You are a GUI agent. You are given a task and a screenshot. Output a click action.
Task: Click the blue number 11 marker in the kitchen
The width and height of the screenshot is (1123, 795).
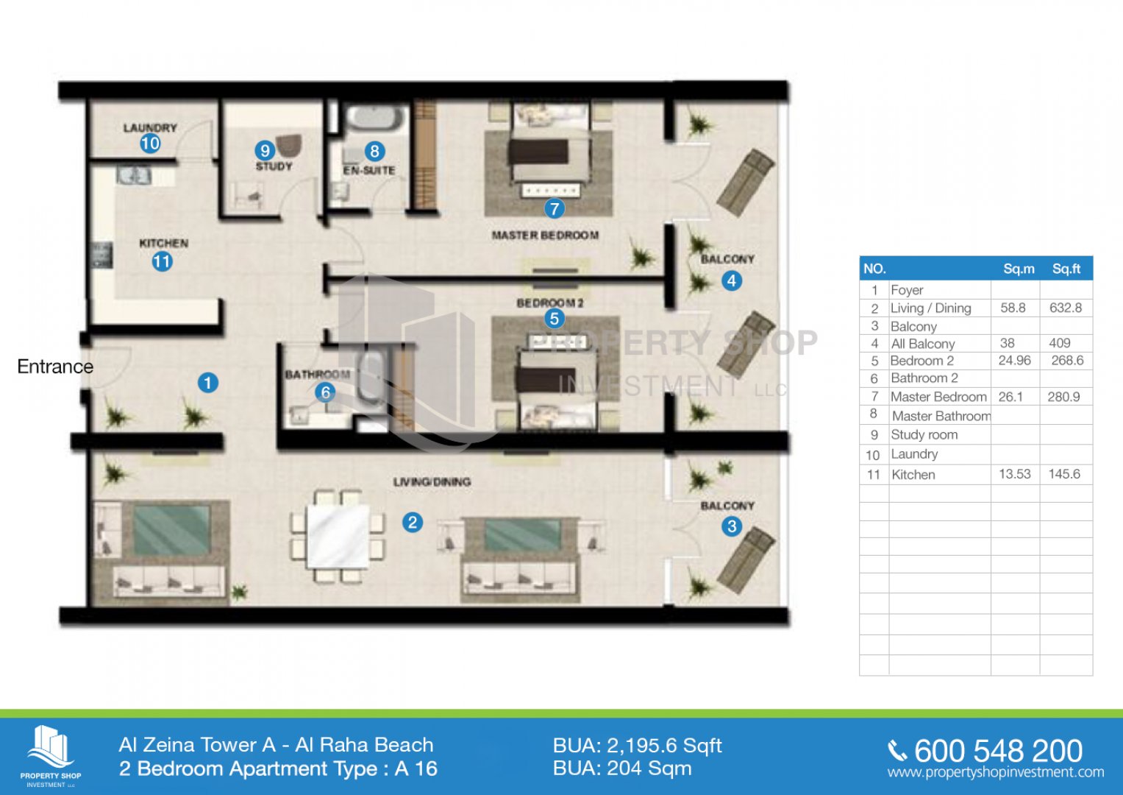pos(162,261)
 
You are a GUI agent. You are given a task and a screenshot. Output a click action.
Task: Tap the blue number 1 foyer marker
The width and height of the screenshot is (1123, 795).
pos(207,383)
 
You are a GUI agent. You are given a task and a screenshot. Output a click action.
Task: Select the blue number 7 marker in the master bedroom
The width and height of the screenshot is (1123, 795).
pos(554,208)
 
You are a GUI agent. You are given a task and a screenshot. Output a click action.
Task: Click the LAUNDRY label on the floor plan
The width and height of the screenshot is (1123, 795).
pos(151,128)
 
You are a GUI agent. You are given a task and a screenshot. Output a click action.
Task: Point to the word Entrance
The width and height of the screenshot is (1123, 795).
pos(55,367)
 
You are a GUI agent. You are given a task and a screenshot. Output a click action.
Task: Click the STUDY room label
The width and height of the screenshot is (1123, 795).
pos(274,166)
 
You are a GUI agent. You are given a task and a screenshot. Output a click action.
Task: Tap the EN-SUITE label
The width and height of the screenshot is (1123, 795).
pos(369,170)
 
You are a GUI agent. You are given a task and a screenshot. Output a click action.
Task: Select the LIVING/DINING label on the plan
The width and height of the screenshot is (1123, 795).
pos(432,482)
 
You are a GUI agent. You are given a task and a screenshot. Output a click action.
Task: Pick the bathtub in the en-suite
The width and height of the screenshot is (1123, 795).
pos(377,118)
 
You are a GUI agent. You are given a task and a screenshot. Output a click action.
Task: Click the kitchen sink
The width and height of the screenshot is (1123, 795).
pos(134,175)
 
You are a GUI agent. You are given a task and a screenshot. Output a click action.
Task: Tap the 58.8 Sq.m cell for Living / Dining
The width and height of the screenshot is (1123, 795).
pos(1013,308)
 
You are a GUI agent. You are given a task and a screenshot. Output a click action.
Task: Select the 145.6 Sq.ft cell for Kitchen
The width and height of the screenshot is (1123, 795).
pos(1064,474)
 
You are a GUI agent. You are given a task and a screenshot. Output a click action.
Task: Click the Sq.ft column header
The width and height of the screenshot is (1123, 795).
pos(1066,269)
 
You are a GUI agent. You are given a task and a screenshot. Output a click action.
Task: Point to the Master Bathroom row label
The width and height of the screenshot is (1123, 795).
pos(941,416)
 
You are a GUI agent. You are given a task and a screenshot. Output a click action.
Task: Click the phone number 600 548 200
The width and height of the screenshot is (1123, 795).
pos(998,751)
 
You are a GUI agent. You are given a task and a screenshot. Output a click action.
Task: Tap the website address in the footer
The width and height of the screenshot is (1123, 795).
pos(996,772)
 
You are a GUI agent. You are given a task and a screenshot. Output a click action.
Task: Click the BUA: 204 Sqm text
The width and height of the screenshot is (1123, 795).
pos(622,768)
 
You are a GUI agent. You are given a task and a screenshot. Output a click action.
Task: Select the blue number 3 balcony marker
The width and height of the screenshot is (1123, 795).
pos(732,526)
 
